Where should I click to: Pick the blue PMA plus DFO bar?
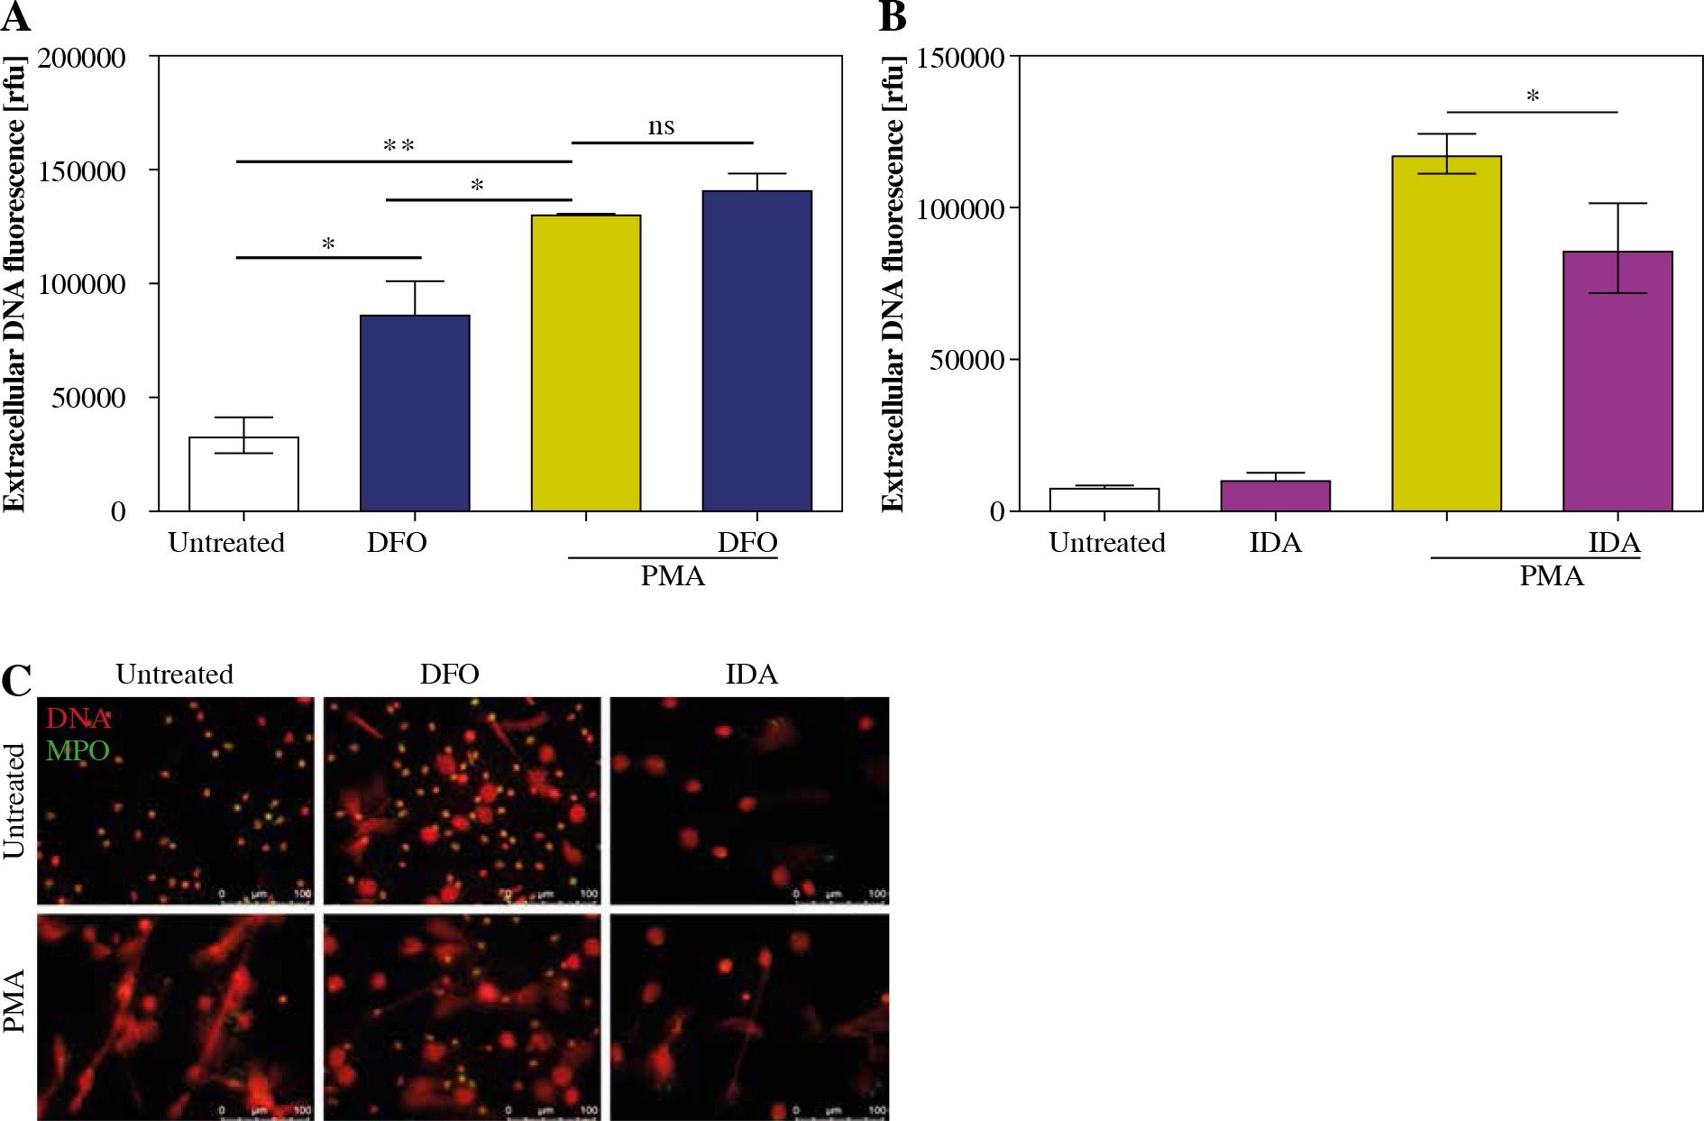[x=757, y=351]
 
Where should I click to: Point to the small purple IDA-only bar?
[x=1275, y=496]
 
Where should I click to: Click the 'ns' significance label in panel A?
[x=661, y=126]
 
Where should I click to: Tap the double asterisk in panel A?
[x=399, y=146]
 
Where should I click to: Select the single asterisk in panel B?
[x=1532, y=96]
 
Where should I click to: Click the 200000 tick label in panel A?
[x=81, y=58]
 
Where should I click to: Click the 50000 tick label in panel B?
[x=967, y=360]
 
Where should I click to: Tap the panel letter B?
[x=892, y=16]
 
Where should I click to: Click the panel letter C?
[x=16, y=681]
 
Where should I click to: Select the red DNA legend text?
[x=78, y=719]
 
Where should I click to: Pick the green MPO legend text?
[x=78, y=750]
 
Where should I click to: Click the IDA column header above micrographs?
[x=751, y=675]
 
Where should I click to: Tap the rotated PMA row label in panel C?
[x=14, y=1001]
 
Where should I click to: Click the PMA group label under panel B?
[x=1551, y=575]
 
